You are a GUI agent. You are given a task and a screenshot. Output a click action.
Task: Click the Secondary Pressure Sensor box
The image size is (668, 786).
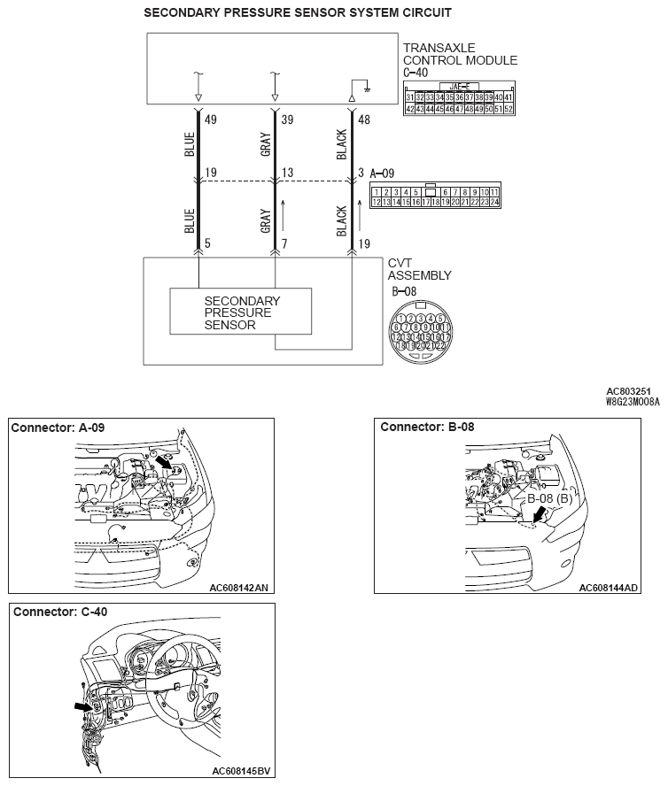point(241,312)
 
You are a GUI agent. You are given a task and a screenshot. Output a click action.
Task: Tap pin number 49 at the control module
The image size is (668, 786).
point(211,118)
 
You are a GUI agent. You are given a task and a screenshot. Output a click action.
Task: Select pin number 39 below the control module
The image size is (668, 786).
point(288,118)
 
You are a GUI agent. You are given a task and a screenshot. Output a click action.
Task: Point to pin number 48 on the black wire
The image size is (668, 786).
point(365,118)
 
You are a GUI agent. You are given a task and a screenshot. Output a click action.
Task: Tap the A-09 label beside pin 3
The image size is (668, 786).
point(385,173)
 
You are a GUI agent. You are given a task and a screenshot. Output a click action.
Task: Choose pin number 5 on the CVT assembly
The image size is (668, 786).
point(207,243)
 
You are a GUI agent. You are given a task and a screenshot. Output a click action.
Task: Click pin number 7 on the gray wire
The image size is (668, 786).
point(285,243)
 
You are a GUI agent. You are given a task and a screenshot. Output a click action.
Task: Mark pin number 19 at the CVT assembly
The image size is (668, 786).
point(365,243)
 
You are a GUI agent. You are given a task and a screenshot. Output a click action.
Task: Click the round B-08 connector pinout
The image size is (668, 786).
point(421,332)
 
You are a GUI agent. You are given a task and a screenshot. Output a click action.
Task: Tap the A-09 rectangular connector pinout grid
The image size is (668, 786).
point(436,196)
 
